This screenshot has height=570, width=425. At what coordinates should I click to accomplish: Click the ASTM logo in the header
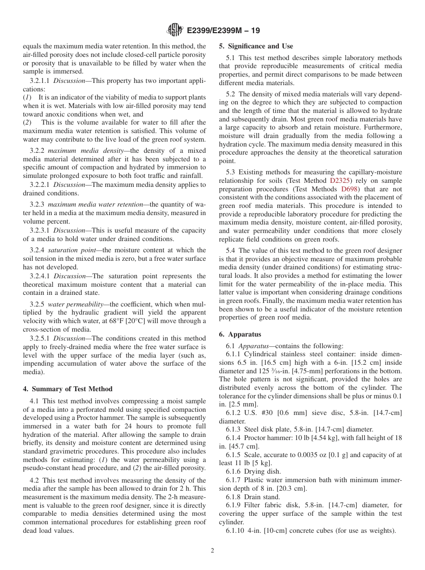[174, 30]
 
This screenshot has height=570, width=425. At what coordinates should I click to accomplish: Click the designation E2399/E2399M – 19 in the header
[222, 31]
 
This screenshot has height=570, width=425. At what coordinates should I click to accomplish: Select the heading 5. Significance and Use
[256, 46]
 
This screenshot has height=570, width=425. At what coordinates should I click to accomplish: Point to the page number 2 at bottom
[212, 551]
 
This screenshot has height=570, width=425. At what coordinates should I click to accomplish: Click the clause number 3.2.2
[38, 151]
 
